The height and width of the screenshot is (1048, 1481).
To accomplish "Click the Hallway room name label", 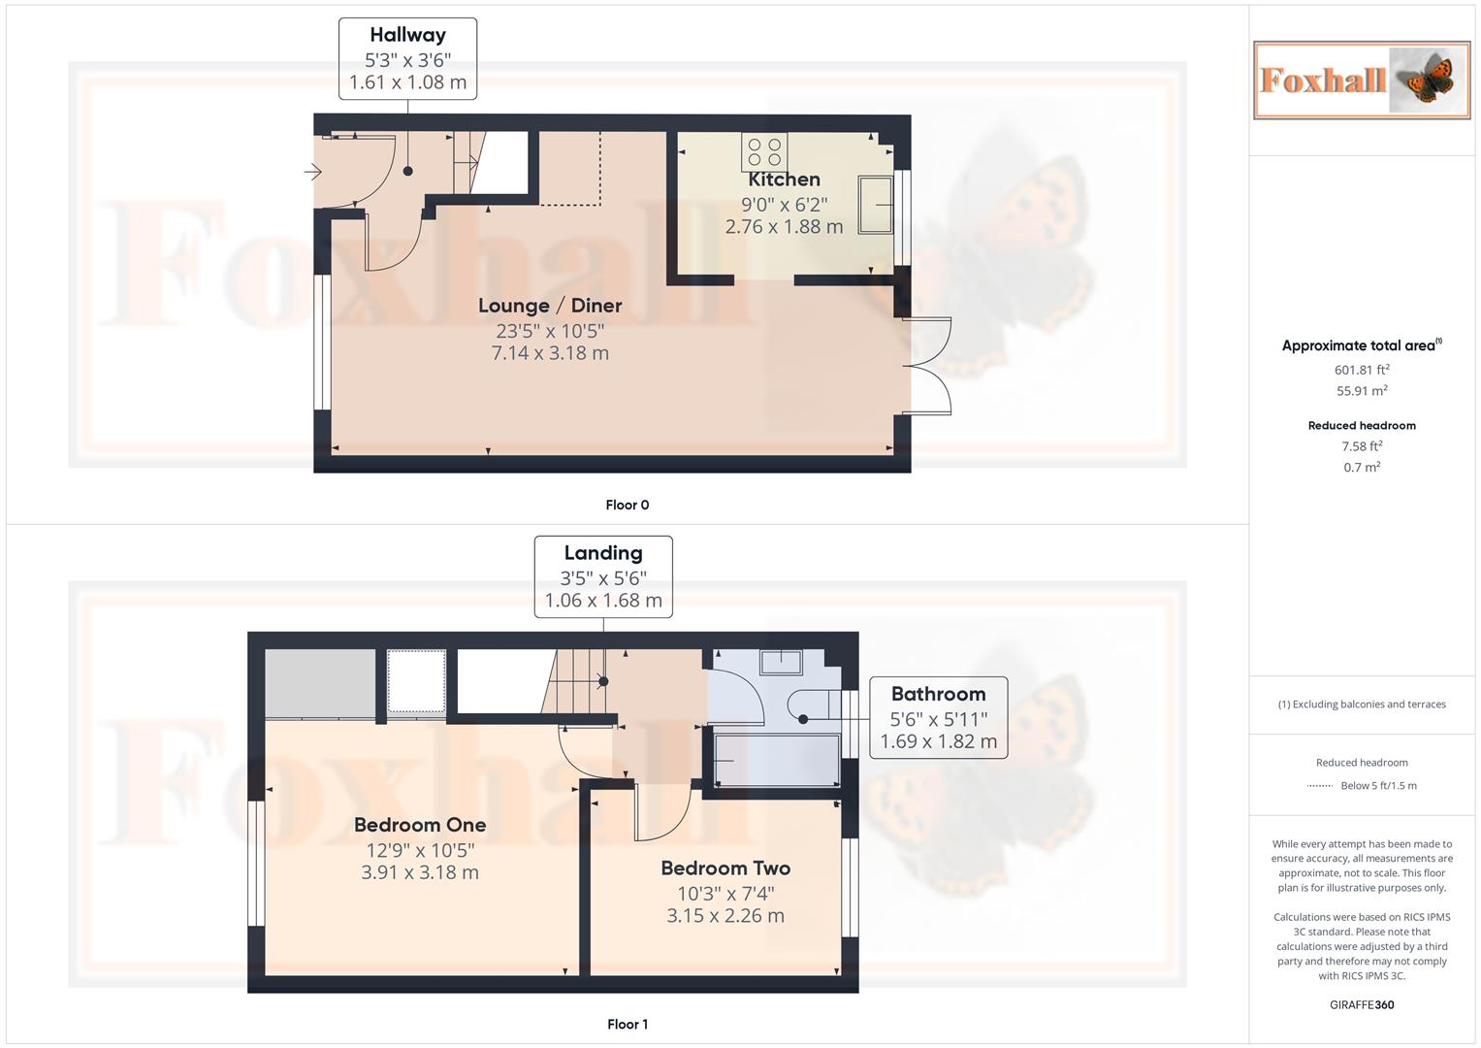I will coord(407,35).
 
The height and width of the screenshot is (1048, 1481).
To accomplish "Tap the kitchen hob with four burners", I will coord(764,152).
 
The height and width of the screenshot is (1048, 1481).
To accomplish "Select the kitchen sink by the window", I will coord(876,205).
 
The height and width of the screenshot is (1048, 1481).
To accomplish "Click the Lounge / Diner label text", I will coord(550,306).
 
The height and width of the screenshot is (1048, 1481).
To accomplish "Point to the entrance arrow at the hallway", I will coord(312,172).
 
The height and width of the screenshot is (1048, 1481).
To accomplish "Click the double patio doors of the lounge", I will coord(927,366).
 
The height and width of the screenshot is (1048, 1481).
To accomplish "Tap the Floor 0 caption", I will coord(628,505).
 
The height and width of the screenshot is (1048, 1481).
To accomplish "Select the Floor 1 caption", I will coord(628,1024).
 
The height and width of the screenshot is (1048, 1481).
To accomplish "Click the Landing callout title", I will coord(603,553).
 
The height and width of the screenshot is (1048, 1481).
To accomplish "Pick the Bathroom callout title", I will coord(938,694).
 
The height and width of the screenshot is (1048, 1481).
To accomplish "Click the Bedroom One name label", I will coord(420,825).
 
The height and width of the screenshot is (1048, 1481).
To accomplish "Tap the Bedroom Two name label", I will coord(725,868).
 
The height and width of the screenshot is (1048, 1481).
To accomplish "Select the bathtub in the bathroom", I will coord(777,760).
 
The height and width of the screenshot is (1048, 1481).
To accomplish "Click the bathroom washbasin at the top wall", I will coord(781,662).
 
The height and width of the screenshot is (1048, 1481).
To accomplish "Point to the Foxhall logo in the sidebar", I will coord(1362,81).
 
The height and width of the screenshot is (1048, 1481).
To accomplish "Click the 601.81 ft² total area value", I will coord(1362,370).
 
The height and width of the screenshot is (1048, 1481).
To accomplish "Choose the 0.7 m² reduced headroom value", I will coord(1362,467).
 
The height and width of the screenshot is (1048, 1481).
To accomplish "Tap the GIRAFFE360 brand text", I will coord(1362,1004).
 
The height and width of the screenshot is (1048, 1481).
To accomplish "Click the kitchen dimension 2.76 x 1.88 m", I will coord(784,227).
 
